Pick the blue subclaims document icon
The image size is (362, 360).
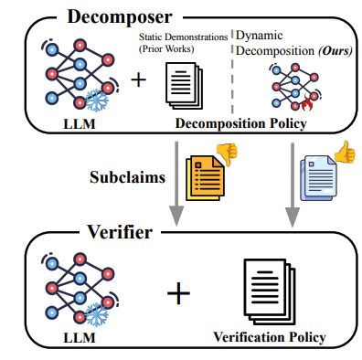coord(320,174)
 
